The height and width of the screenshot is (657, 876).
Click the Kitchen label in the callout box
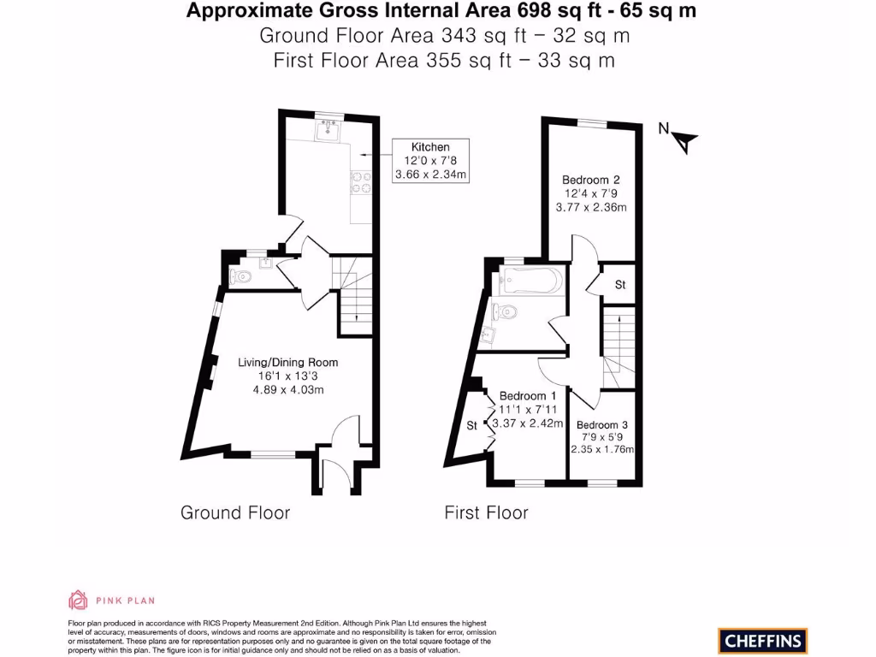[430, 147]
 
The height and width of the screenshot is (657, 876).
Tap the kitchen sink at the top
[328, 130]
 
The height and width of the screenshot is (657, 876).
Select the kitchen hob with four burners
[361, 181]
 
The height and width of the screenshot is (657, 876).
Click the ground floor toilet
[241, 276]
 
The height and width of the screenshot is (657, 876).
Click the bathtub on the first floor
[531, 280]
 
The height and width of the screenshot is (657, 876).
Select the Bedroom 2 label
[590, 180]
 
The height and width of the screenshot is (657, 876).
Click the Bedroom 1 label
[528, 396]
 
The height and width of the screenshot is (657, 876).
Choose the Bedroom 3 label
[602, 425]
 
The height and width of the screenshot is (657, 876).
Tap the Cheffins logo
[763, 639]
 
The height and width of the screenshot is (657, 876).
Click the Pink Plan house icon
[79, 600]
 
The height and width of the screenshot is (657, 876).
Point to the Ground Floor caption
[235, 512]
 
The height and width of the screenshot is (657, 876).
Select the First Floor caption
[486, 512]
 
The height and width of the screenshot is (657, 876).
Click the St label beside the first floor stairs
[620, 284]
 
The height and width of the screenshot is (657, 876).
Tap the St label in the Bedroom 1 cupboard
[471, 425]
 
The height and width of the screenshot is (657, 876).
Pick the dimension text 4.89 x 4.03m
[287, 389]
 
